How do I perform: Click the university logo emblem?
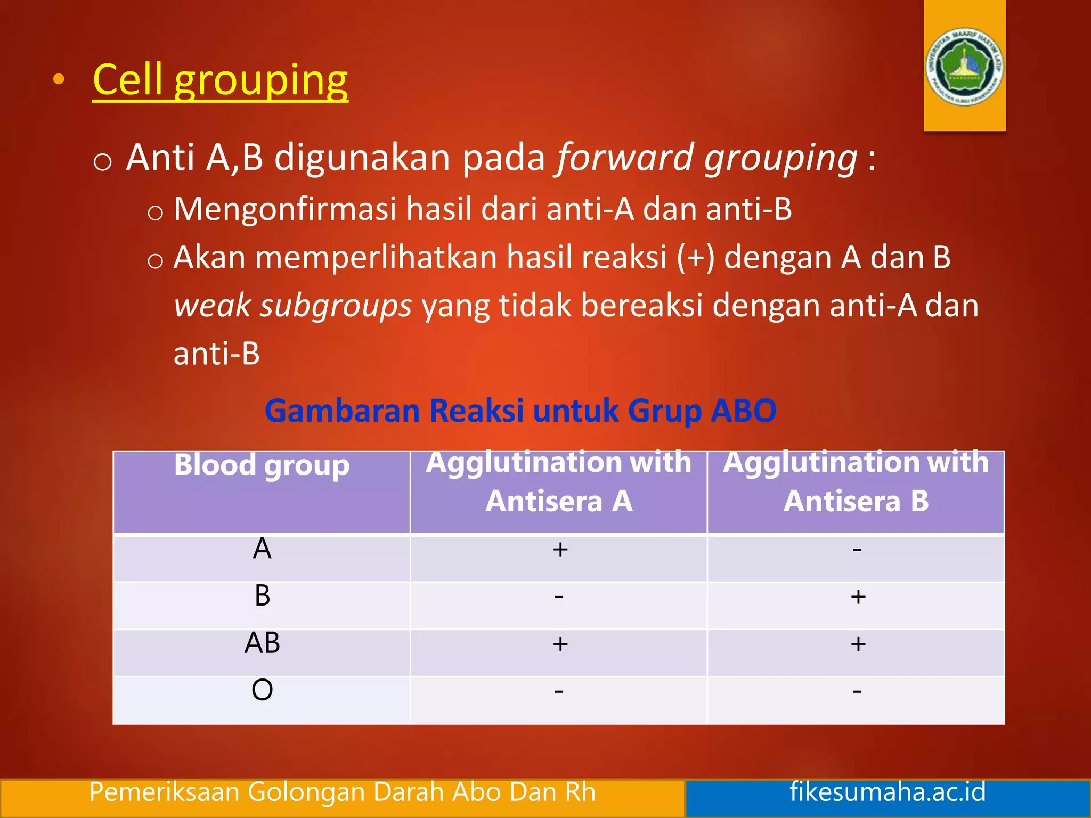tap(965, 67)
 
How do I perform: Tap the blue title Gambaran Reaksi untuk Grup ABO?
tap(520, 411)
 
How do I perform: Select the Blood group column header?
tap(262, 465)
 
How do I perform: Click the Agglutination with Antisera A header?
tap(559, 481)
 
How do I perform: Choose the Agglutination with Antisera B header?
tap(856, 481)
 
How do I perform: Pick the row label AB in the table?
tap(262, 643)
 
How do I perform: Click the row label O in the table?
tap(262, 690)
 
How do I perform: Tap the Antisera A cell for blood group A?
tap(560, 549)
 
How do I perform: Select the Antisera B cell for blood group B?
tap(858, 596)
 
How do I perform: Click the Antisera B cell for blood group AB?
tap(858, 644)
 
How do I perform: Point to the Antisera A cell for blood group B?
tap(559, 596)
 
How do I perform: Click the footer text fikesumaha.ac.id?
tap(888, 791)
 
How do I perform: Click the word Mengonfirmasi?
tap(285, 209)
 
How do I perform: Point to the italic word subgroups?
tap(336, 306)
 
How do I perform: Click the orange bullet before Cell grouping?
tap(59, 80)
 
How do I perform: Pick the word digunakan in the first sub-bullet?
tap(362, 158)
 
